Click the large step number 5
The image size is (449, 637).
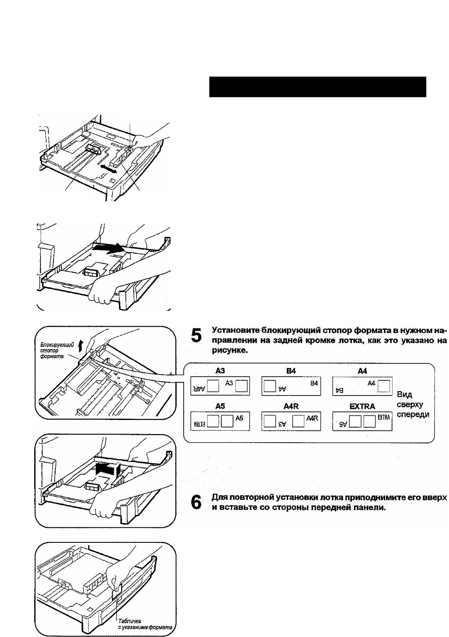pos(195,335)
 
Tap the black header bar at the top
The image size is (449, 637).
pos(318,87)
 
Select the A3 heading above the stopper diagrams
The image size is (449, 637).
pos(220,371)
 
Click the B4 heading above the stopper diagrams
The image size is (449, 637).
pos(291,371)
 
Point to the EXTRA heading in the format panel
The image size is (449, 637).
pos(362,406)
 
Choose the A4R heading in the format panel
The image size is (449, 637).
pos(291,406)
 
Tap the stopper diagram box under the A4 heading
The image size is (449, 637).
pos(362,386)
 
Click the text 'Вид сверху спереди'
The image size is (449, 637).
pos(413,404)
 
